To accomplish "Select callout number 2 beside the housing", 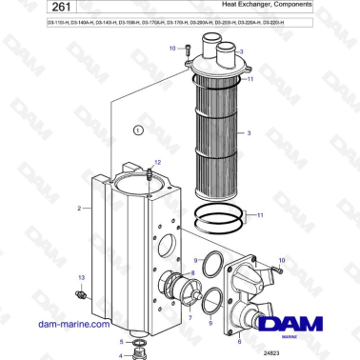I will pos(79,206).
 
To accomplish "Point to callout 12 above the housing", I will pos(158,163).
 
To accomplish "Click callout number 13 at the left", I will pos(81,276).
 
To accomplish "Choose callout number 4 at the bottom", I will pos(121,355).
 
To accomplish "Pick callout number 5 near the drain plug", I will pos(121,341).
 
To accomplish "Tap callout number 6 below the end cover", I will pos(238,340).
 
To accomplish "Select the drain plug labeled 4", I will pos(140,353).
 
